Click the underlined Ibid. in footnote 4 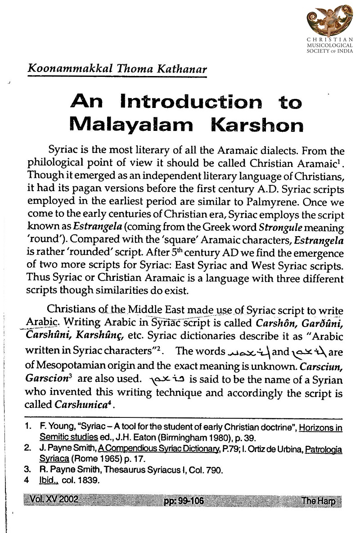pos(46,481)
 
